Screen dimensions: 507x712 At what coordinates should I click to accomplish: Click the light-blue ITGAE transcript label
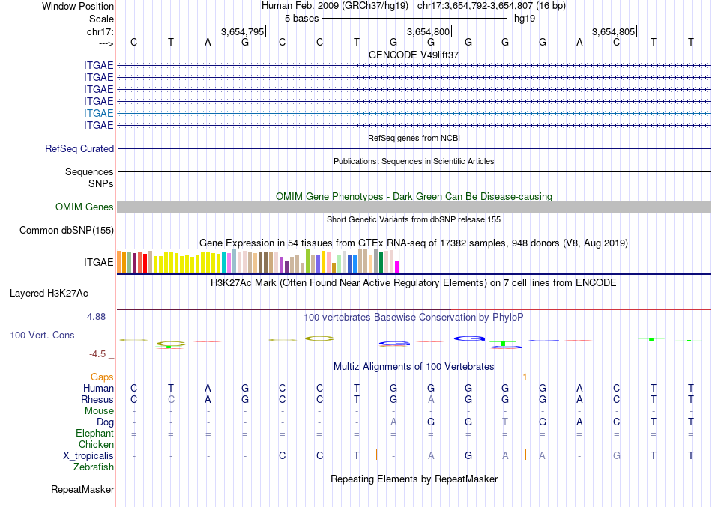click(99, 113)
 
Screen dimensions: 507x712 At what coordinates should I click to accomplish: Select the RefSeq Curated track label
click(79, 149)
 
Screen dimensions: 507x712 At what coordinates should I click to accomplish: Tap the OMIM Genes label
click(85, 207)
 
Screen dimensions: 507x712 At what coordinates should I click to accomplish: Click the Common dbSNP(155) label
click(66, 231)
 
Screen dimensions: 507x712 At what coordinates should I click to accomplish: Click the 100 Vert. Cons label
click(42, 336)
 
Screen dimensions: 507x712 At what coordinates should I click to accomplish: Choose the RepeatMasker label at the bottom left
click(82, 490)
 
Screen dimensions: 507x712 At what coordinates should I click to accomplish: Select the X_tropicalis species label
click(88, 455)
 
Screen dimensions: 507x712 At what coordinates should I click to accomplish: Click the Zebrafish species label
click(94, 467)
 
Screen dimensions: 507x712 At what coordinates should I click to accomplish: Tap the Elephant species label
click(95, 434)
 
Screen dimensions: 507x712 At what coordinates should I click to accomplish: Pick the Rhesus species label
click(97, 399)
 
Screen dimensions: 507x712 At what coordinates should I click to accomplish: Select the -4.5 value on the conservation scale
click(100, 354)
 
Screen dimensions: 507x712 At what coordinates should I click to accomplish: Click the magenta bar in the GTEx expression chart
click(397, 266)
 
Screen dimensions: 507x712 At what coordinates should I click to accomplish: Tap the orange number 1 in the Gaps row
click(525, 377)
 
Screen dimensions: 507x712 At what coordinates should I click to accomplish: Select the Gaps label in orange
click(103, 377)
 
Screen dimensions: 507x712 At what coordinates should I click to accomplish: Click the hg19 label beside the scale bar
click(524, 19)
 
